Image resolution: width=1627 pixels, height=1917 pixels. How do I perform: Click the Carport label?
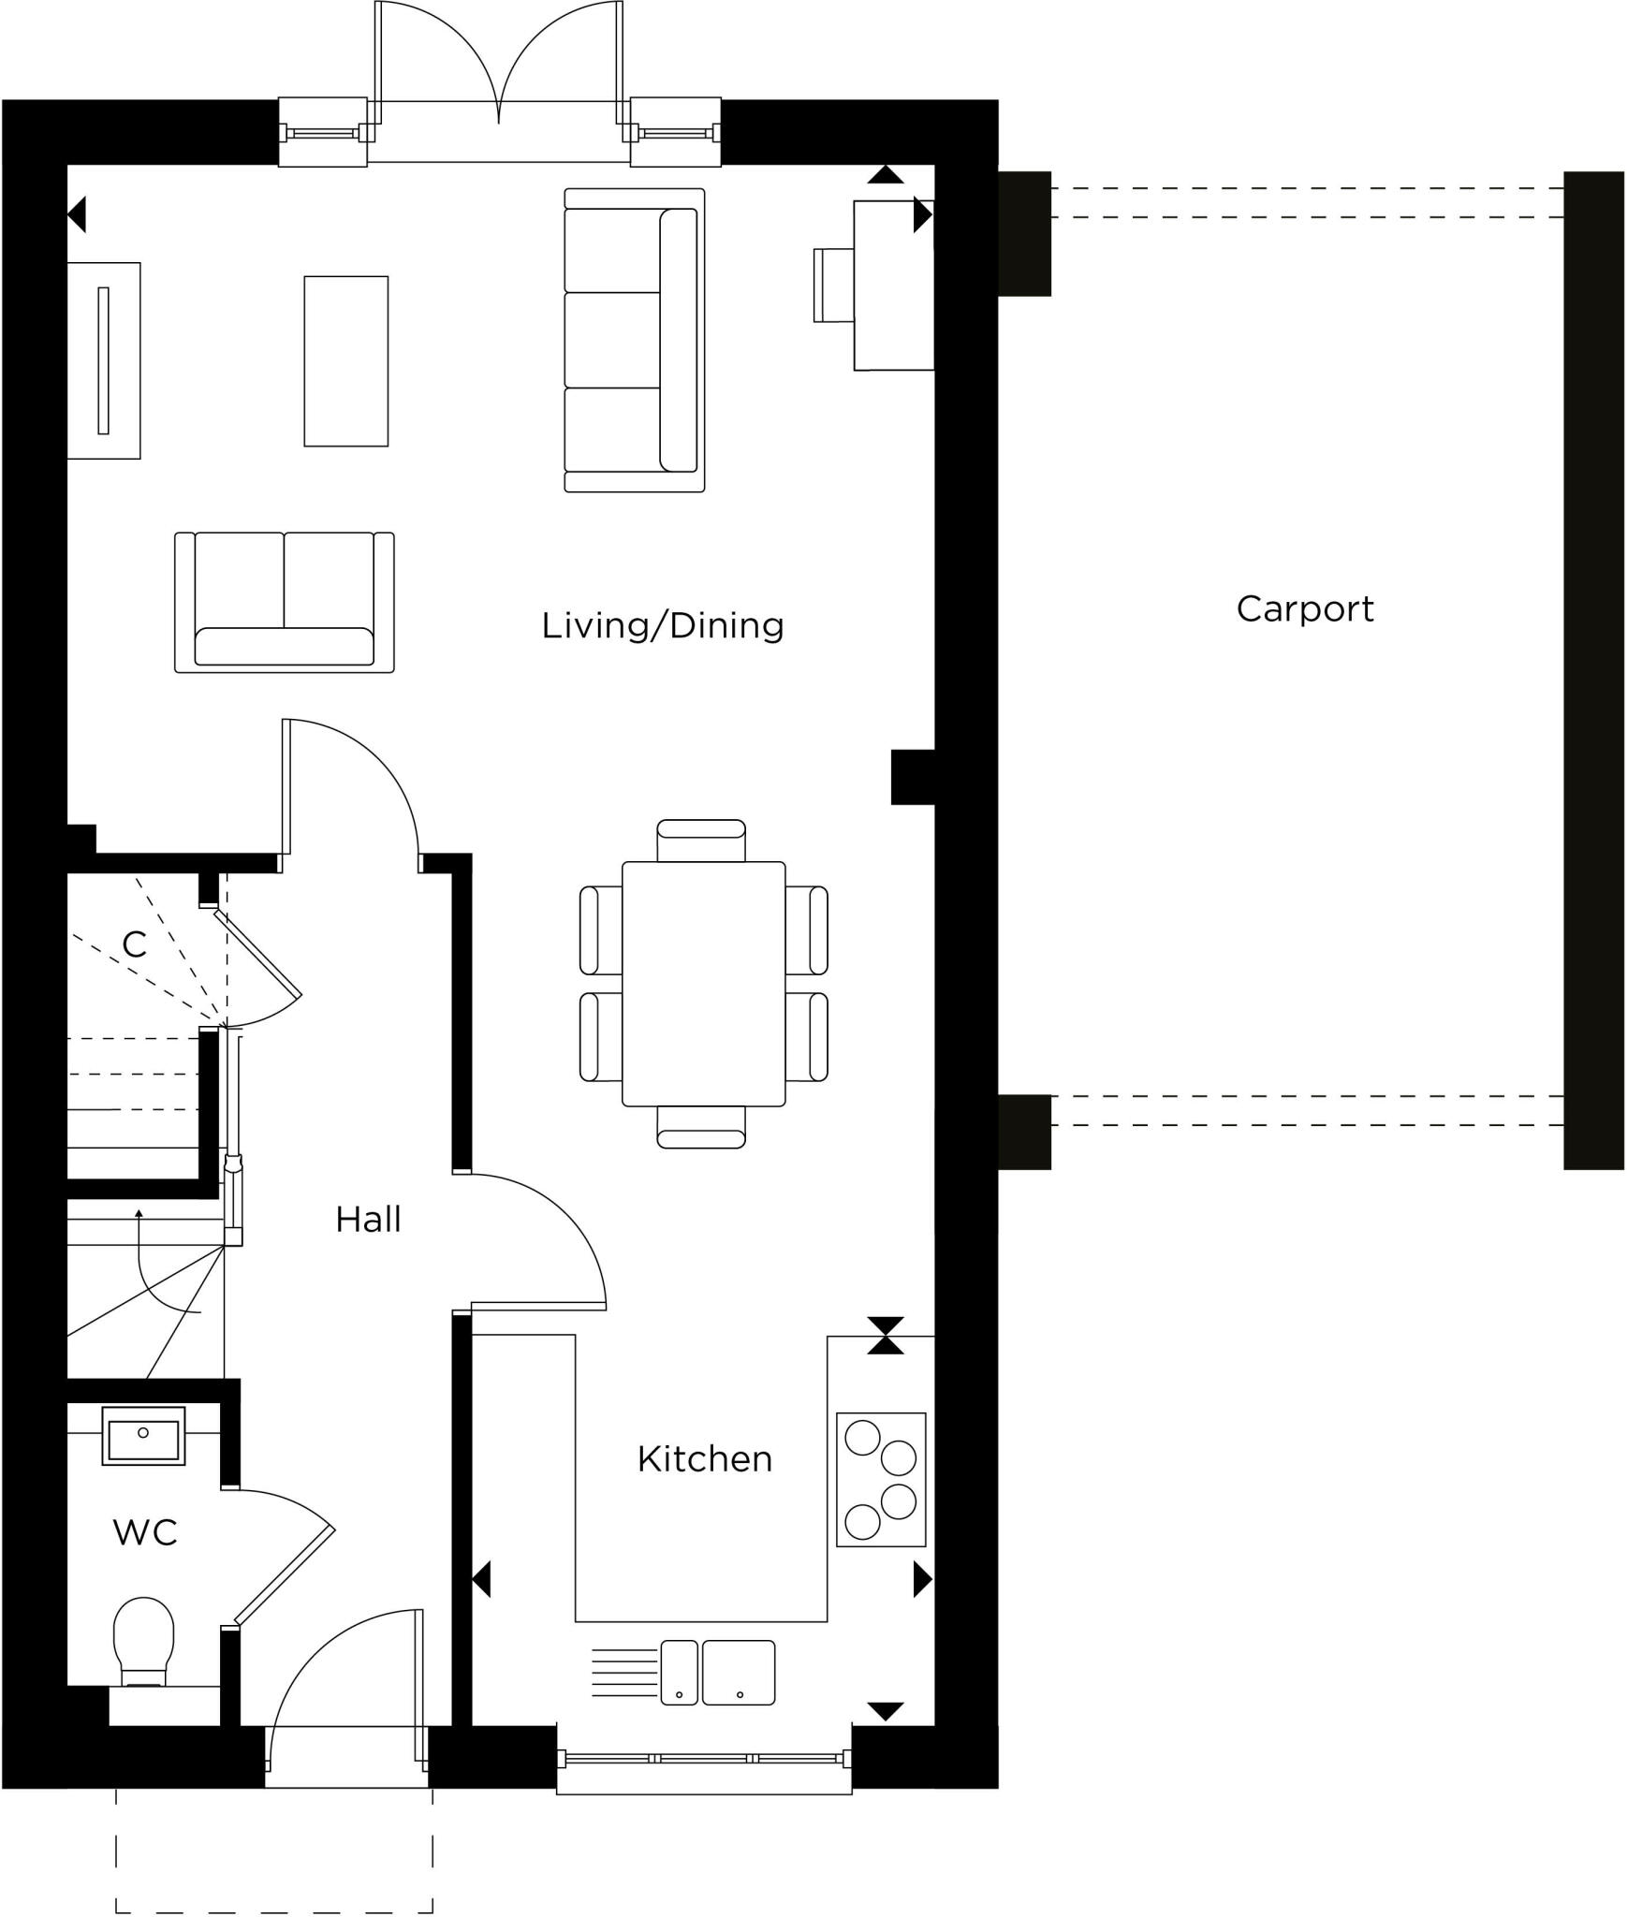tap(1304, 609)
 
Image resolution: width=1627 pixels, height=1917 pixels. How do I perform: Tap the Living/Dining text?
tap(662, 625)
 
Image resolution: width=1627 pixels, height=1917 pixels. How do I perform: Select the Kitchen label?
tap(704, 1459)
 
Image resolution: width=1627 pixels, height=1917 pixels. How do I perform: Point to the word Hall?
tap(368, 1220)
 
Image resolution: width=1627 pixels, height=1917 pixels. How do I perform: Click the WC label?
tap(144, 1533)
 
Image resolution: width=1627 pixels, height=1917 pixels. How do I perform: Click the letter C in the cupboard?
tap(134, 944)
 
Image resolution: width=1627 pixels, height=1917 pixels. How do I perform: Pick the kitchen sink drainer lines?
tap(624, 1672)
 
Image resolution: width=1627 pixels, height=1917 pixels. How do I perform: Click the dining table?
tap(703, 983)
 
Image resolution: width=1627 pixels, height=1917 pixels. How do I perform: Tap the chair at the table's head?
tap(701, 840)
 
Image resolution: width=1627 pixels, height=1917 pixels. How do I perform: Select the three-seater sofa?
tap(634, 340)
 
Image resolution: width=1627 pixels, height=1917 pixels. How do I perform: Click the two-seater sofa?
tap(284, 602)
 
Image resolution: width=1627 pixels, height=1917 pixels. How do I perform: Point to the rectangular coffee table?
tap(345, 360)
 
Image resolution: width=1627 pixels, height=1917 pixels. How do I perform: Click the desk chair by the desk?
tap(833, 285)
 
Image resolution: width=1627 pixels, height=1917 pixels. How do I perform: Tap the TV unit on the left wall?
tap(103, 360)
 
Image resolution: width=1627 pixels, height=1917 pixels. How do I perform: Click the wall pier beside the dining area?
tap(912, 777)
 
